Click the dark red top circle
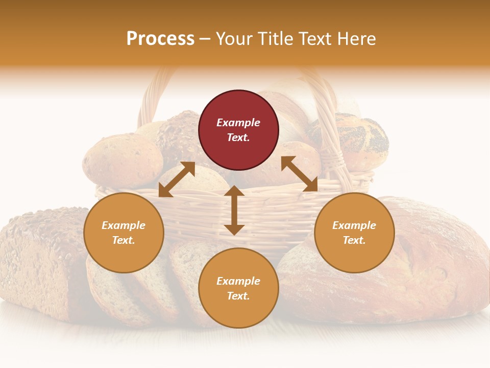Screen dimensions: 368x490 238,130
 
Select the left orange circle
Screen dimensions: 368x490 124,233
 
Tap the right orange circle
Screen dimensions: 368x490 354,233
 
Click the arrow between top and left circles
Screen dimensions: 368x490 177,179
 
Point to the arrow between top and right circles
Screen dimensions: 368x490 300,174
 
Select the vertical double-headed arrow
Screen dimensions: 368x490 234,210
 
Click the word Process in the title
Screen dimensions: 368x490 160,38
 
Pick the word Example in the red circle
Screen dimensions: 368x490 238,123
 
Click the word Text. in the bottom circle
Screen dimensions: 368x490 238,296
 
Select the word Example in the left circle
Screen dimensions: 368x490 124,225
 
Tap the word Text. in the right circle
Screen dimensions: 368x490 354,240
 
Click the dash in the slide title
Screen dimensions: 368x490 205,39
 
